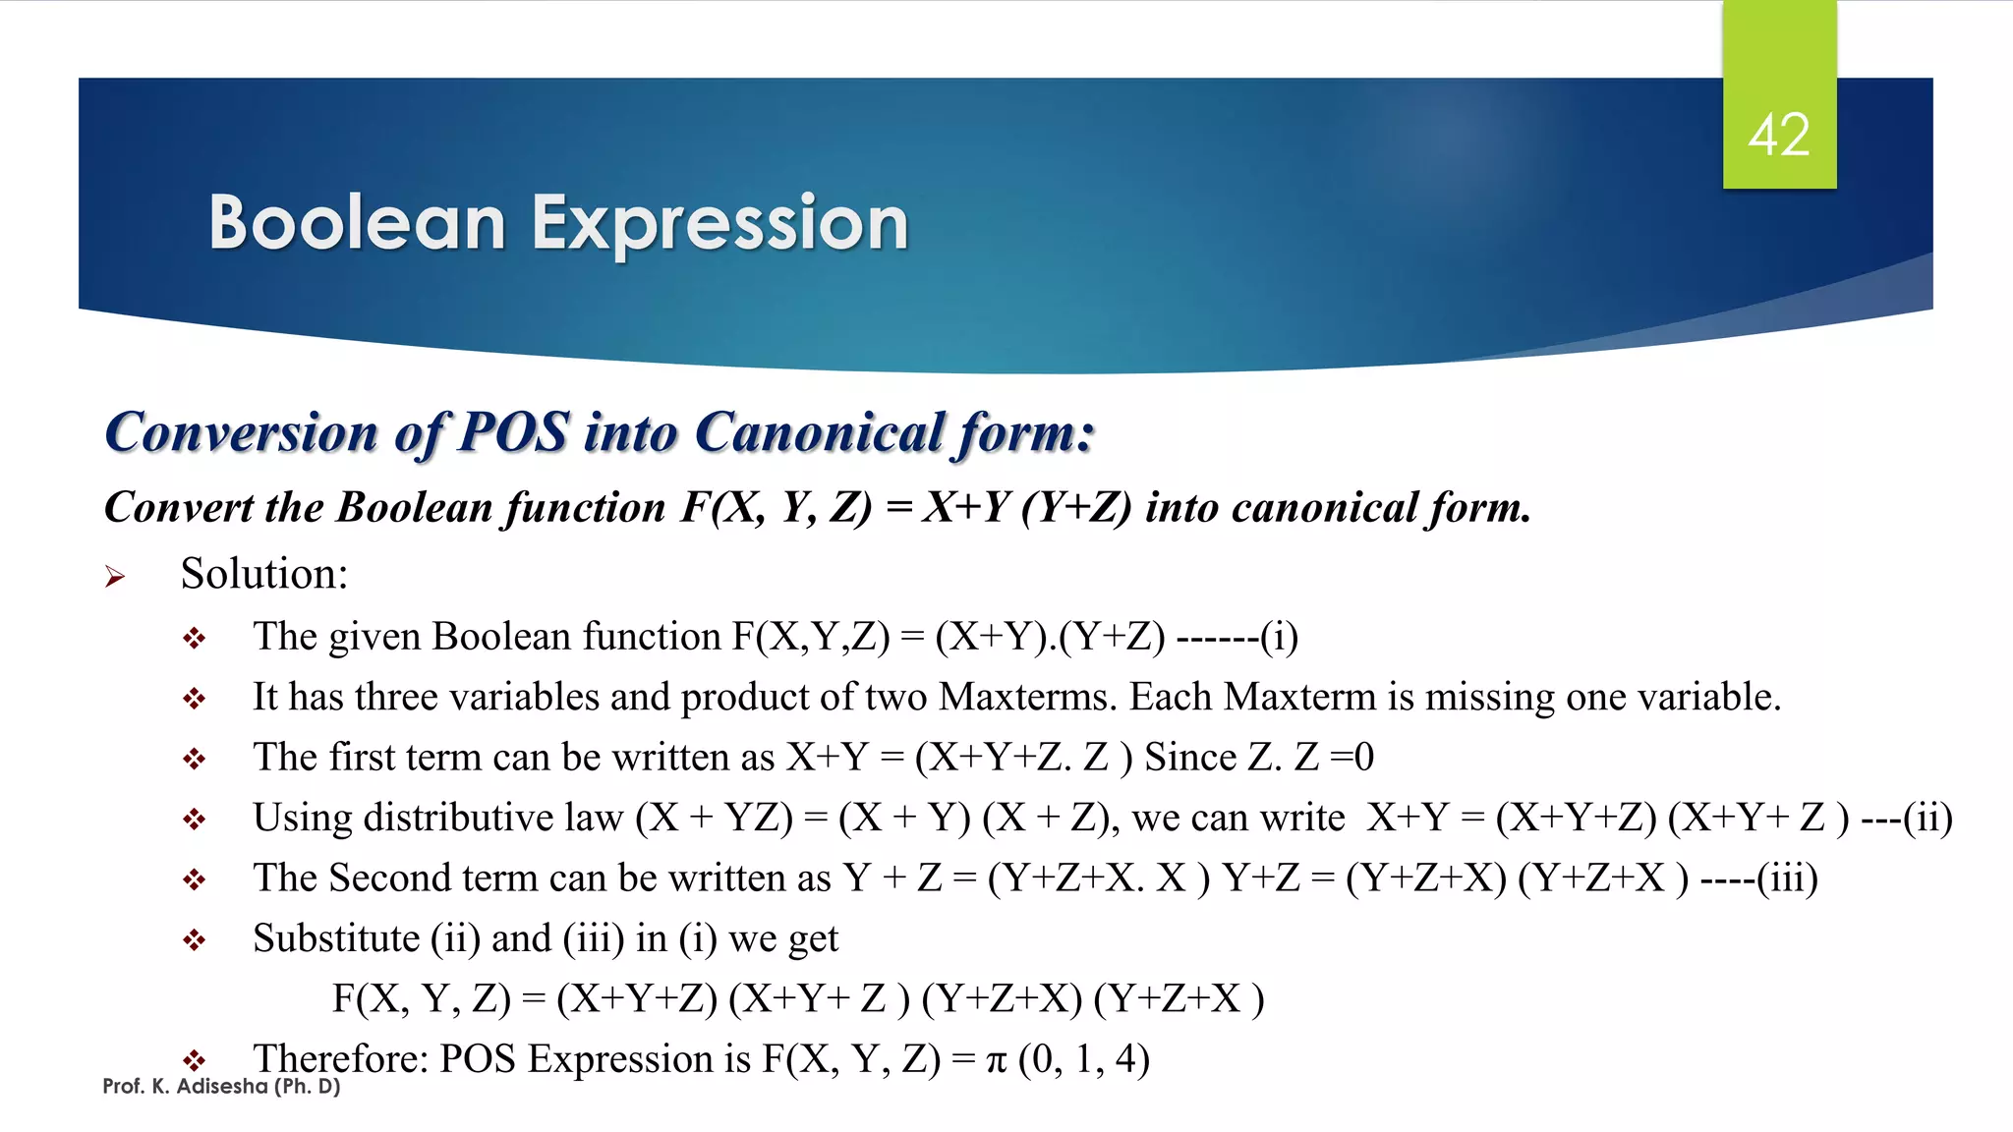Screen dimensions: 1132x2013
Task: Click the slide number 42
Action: click(1778, 135)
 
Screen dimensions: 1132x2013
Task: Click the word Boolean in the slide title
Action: click(357, 223)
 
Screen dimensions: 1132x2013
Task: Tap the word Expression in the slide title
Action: click(719, 225)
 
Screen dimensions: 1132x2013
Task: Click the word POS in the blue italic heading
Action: click(513, 432)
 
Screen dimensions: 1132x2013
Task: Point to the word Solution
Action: click(263, 574)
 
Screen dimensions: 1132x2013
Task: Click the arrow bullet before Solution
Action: click(115, 577)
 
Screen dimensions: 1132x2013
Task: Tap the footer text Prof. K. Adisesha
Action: click(221, 1087)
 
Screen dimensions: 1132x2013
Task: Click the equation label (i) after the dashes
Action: click(1279, 637)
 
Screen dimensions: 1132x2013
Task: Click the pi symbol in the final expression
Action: click(996, 1061)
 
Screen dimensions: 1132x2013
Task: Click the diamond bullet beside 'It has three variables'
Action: click(194, 699)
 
